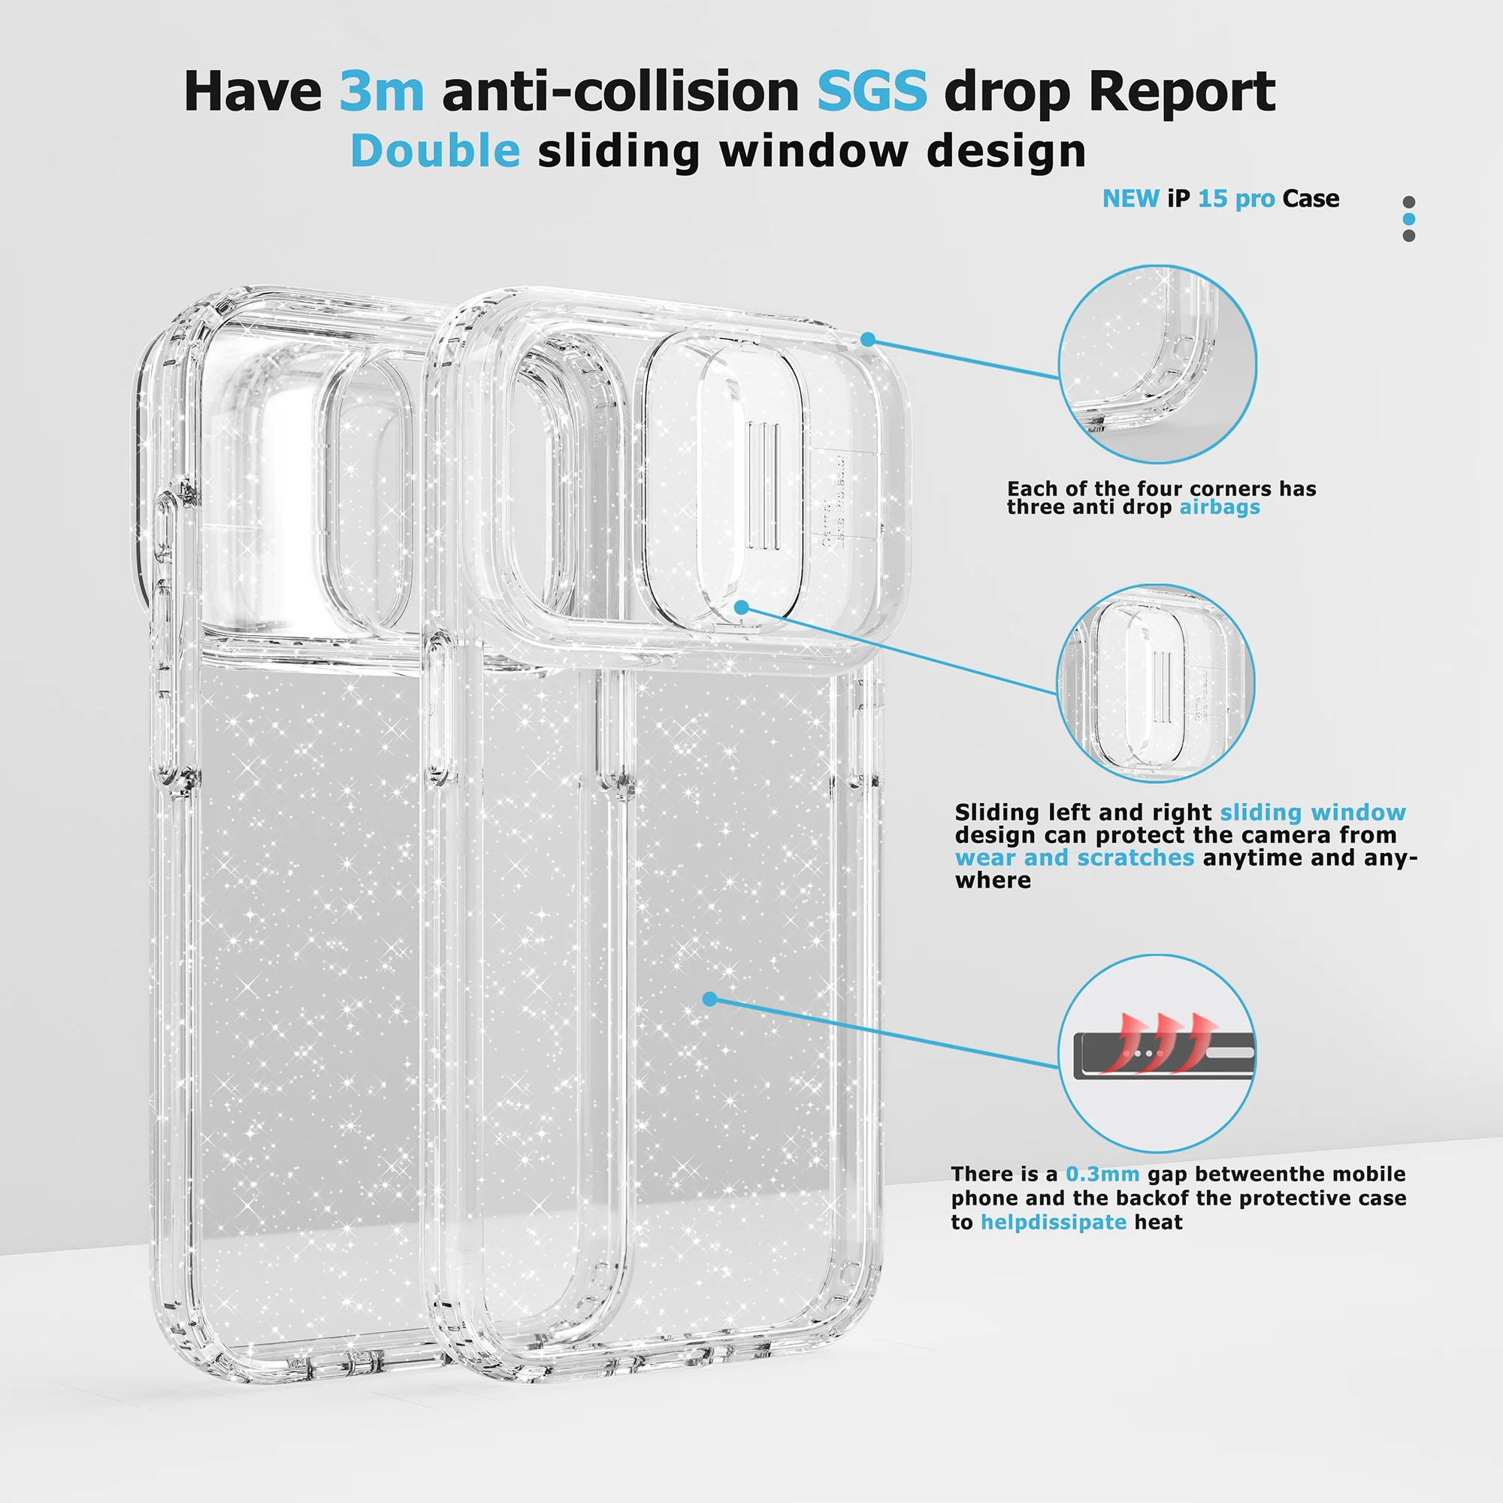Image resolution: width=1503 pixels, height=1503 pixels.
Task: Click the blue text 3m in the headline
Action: pos(381,92)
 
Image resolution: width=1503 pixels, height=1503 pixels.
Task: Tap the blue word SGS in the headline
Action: pos(871,92)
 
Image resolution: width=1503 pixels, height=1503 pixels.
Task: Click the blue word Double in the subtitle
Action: pos(435,150)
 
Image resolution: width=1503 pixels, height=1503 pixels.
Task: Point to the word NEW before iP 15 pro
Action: pos(1130,199)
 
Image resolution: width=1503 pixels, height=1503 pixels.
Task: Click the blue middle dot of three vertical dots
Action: pos(1409,219)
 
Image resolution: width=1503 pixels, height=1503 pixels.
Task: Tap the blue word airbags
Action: pos(1219,507)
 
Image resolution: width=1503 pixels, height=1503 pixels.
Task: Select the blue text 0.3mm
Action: pos(1102,1174)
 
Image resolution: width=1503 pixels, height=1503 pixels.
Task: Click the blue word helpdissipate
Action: pos(1053,1222)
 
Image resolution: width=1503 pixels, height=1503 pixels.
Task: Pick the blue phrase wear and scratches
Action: pos(1075,857)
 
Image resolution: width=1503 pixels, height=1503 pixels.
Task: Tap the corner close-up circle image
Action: pos(1157,364)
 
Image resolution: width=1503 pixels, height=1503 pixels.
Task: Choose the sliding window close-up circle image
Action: pos(1155,682)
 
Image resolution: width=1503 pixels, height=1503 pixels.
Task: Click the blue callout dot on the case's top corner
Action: pos(868,339)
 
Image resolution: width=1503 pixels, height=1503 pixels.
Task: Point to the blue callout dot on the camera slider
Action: pos(742,606)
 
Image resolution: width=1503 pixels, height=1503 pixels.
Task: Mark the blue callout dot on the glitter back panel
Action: pos(709,999)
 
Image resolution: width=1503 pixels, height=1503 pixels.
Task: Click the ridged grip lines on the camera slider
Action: pos(764,485)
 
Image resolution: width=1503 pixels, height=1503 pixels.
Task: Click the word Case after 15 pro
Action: pos(1311,199)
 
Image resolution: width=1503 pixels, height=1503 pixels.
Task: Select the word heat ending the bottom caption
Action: pos(1158,1222)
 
